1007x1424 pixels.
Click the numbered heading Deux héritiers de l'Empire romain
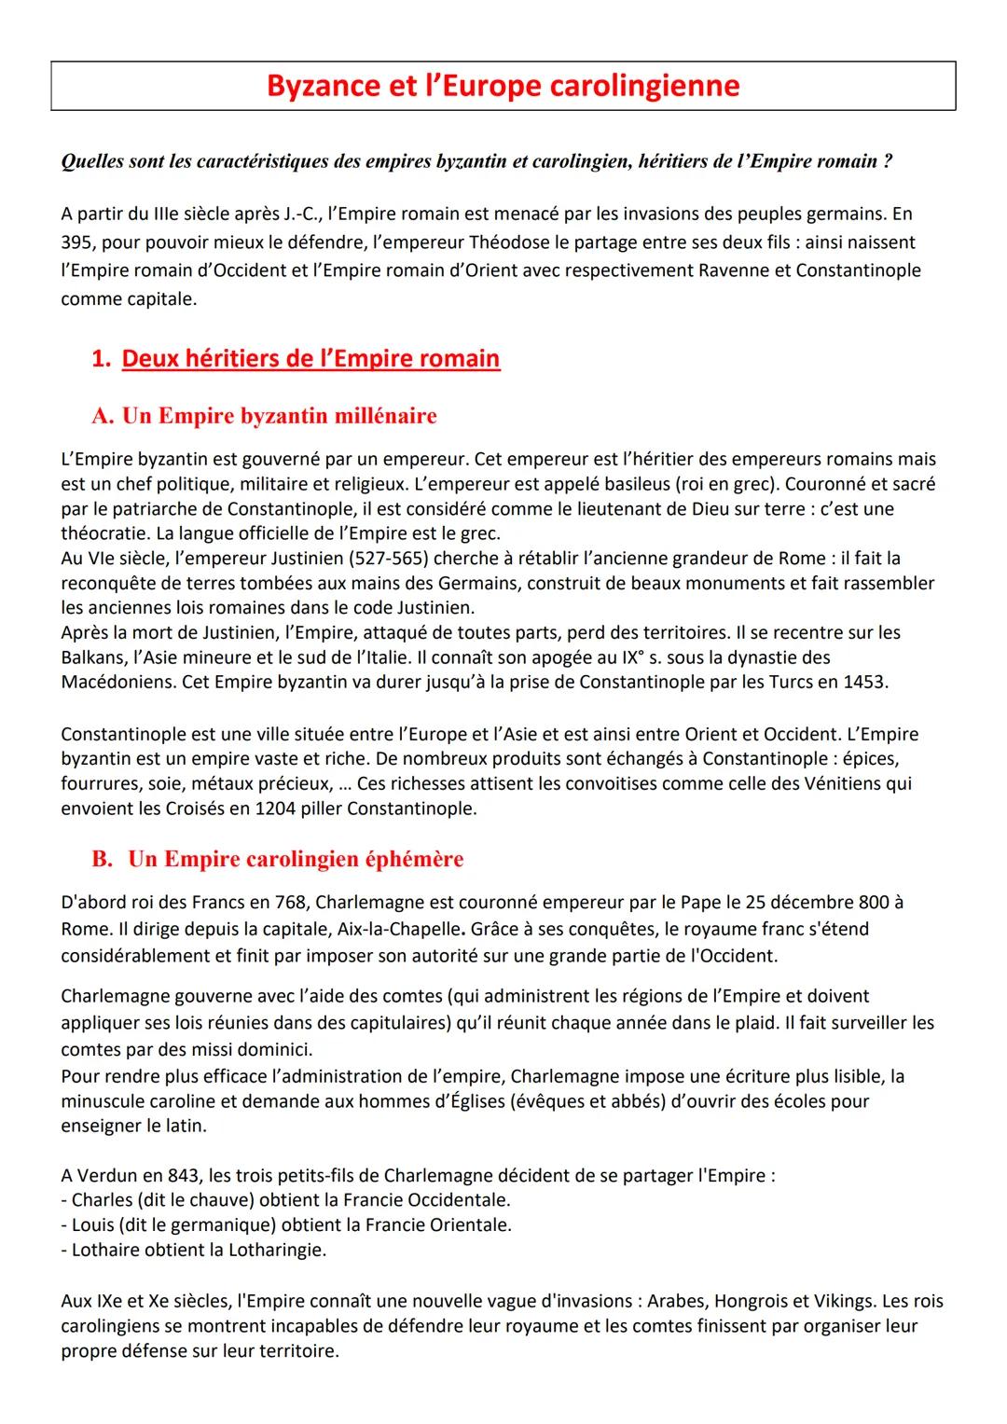[310, 359]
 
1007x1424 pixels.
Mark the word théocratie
[103, 533]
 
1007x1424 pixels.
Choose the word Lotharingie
[276, 1250]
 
